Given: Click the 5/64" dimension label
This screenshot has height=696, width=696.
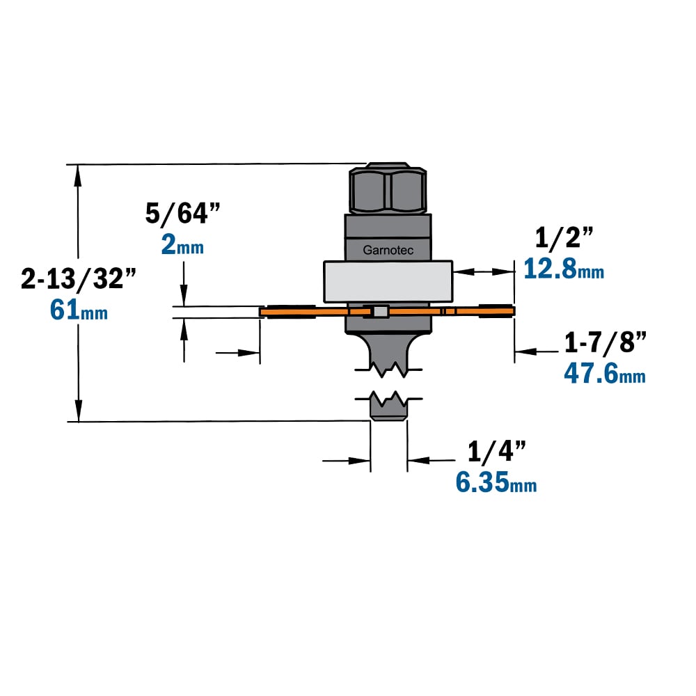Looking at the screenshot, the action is [x=182, y=213].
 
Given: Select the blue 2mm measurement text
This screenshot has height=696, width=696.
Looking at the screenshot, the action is [x=182, y=245].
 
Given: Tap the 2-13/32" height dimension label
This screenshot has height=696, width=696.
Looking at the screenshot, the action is [x=78, y=278].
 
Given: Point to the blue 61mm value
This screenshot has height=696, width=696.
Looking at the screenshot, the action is [x=79, y=310].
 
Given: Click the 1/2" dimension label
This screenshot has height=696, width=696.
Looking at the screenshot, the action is [x=564, y=237].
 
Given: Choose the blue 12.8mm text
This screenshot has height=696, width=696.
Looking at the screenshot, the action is [x=564, y=269].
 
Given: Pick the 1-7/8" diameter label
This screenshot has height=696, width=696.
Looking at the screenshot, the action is [x=605, y=342].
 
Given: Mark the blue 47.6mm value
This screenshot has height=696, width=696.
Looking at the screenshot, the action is [x=605, y=373].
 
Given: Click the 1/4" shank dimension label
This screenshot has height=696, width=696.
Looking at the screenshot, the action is [x=497, y=452].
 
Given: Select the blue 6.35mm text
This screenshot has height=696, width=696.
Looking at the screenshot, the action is [x=496, y=482].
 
